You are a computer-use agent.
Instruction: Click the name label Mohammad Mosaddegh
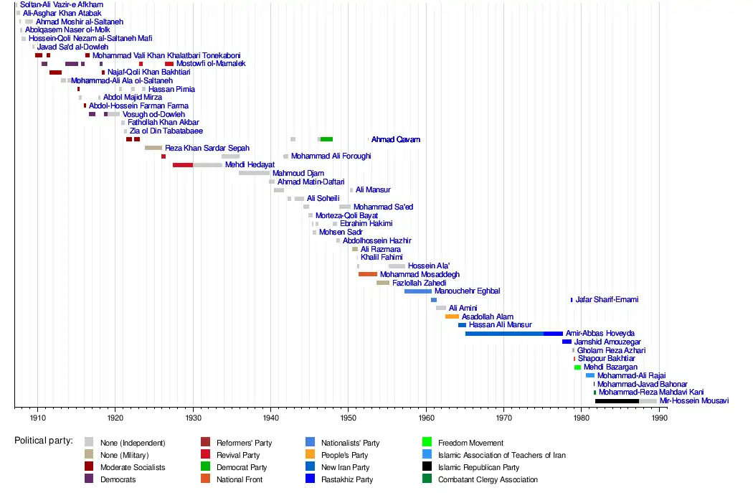coord(420,274)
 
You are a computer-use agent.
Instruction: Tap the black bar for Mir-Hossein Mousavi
coord(617,400)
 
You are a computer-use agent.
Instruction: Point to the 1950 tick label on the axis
coord(348,418)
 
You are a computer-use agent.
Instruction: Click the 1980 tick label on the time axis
coord(581,418)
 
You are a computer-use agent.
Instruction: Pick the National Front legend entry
coord(240,479)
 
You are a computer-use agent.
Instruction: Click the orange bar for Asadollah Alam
coord(452,316)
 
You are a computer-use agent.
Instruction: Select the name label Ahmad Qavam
coord(395,139)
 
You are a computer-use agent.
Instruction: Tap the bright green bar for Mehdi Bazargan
coord(577,367)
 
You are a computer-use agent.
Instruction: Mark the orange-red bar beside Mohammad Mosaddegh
coord(368,274)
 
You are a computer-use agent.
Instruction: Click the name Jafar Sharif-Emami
coord(607,299)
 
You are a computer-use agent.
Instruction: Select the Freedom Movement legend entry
coord(470,443)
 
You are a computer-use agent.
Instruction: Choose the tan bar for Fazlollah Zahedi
coord(383,283)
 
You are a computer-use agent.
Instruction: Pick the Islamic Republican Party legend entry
coord(478,467)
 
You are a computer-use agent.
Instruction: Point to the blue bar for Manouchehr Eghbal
coord(418,291)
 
